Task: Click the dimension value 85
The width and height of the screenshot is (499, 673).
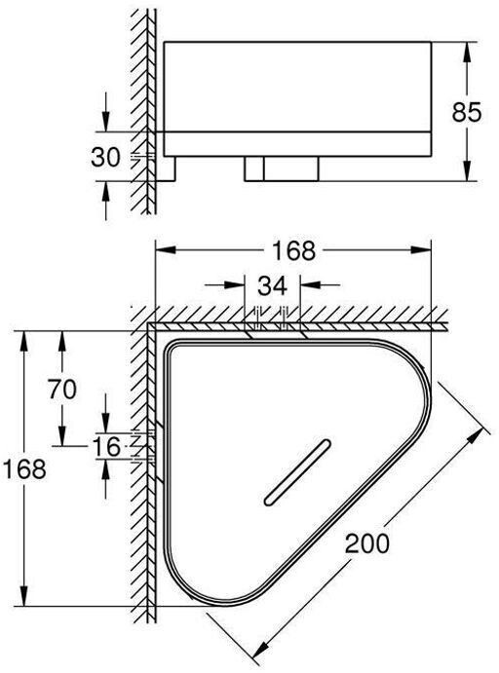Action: pos(467,112)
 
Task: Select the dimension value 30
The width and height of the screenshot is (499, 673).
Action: pos(105,157)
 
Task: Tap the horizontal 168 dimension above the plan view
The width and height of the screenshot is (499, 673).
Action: pos(294,250)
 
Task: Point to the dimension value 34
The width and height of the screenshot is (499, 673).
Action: pos(272,285)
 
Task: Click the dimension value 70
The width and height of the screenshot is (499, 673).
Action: pos(62,390)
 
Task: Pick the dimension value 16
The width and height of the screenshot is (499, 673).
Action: pos(107,447)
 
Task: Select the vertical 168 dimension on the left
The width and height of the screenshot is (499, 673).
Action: pos(24,468)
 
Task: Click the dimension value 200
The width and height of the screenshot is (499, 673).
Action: pos(367,542)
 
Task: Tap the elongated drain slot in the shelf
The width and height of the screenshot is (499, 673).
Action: pos(297,471)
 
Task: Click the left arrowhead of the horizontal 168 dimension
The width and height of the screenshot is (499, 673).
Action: pos(166,249)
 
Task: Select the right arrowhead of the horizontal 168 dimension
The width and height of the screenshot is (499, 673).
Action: pos(421,249)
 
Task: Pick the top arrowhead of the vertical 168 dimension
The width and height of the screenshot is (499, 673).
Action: pos(24,341)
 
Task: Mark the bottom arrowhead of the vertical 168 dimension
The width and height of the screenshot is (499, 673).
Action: pos(24,596)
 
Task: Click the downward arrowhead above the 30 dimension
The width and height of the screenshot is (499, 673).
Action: pos(105,122)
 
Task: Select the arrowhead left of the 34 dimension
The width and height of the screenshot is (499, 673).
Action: pos(235,284)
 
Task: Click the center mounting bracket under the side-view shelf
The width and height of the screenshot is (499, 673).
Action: pos(282,168)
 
